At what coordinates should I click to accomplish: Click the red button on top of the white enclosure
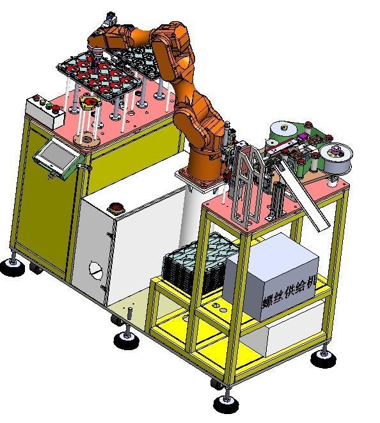pos(117,206)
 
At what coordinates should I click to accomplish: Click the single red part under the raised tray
pos(89,102)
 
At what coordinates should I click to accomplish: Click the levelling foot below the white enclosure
pos(125,338)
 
